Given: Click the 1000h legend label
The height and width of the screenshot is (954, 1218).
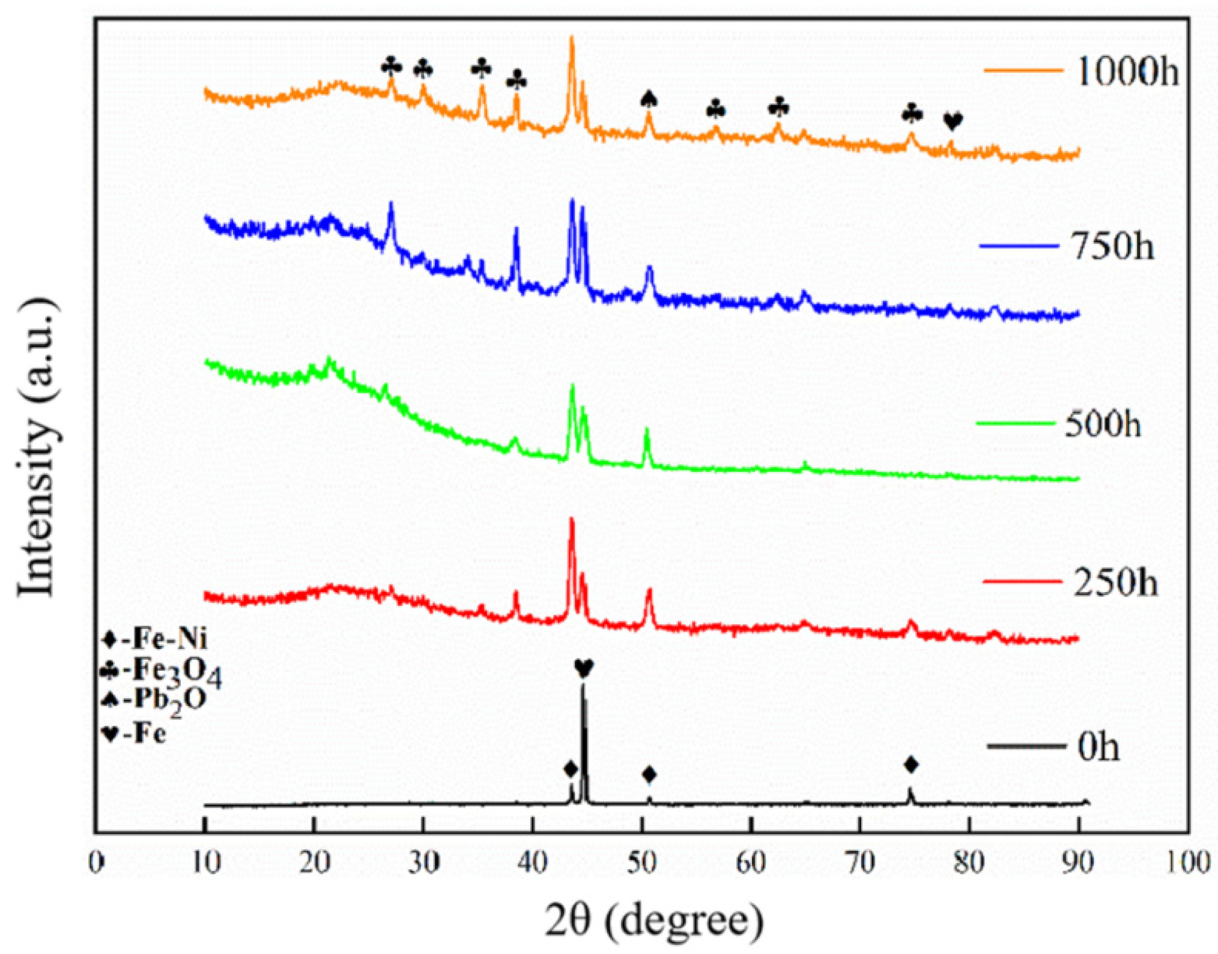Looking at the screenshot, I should pos(1127,72).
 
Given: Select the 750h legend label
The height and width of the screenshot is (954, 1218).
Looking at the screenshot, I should pos(1113,246).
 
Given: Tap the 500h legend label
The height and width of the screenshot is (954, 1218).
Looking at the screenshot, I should pos(1103,424).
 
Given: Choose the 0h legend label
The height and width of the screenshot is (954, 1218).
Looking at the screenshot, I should pos(1098,748).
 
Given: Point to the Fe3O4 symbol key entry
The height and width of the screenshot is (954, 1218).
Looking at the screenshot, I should pos(161,672).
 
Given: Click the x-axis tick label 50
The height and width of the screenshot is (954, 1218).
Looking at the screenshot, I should pos(642,863).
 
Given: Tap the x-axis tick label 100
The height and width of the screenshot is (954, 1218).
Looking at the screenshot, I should pos(1187,863).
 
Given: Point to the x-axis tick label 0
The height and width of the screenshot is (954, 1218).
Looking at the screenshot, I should pos(96,863).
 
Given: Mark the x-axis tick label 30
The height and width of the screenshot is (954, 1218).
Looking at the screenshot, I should pos(423,863).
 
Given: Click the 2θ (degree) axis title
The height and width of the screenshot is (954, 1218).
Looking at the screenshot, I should pos(653,920).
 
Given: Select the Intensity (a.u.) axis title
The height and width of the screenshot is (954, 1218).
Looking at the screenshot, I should pos(37,447).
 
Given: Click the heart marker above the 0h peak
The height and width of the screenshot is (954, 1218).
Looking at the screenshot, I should pos(584,668).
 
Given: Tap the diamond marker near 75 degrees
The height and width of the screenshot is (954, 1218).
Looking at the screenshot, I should pos(911,765).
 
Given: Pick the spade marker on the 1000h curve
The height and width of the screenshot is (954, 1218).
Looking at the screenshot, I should pos(649,99).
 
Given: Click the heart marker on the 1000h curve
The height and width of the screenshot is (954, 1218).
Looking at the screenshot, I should pos(953,122).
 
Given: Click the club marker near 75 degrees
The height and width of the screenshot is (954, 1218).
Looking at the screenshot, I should pos(912,113).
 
